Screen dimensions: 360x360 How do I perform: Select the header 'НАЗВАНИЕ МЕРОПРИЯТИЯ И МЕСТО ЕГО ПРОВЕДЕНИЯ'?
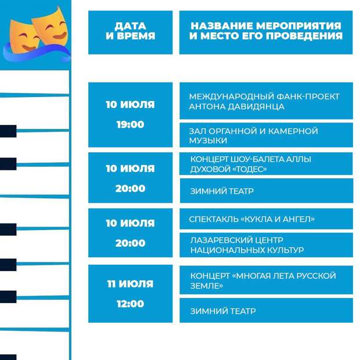pos(266,31)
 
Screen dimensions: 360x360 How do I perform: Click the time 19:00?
pos(131,124)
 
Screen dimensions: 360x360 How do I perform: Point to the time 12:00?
pos(131,304)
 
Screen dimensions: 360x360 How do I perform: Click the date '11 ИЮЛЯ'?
pos(130,284)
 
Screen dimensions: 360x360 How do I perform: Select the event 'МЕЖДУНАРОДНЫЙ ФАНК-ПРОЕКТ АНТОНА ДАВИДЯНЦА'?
pos(264,102)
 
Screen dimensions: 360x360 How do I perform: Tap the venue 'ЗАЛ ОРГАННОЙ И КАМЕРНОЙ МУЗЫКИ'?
pos(254,135)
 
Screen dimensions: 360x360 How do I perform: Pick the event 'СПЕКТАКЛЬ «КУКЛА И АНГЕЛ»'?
pos(252,219)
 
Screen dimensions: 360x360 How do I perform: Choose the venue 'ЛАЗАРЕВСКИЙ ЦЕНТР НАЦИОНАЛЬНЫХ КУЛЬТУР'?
pos(247,245)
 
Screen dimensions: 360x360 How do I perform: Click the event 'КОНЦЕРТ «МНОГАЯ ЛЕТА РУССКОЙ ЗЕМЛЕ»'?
pos(263,280)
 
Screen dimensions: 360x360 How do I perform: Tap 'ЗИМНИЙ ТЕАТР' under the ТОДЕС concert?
pos(222,191)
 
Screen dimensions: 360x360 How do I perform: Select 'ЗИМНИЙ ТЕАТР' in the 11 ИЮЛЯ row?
pos(223,311)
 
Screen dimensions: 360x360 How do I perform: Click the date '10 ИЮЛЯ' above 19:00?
pos(130,105)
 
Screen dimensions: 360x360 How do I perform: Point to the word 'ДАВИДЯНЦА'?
pos(257,106)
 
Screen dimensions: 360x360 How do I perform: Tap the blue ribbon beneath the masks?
pos(37,53)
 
